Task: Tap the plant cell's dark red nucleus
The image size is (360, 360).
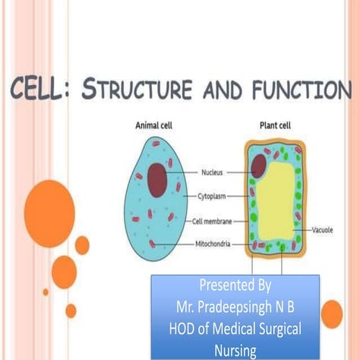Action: coord(259,164)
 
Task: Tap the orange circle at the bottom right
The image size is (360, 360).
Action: coord(332,313)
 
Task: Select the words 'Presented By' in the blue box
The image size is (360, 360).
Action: coord(235,286)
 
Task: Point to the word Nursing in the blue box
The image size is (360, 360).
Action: coord(235,350)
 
